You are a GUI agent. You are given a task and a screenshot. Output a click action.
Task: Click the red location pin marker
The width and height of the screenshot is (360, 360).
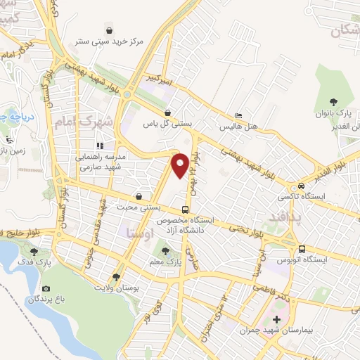(180, 165)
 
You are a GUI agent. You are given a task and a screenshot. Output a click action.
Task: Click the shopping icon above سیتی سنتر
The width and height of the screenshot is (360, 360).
(110, 30)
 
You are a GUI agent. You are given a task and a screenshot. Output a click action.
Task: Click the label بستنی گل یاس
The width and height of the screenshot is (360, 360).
(167, 123)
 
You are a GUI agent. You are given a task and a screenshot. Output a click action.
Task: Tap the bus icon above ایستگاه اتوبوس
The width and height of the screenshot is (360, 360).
(302, 249)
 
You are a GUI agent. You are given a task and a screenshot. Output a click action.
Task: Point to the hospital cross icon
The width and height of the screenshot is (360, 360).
(276, 319)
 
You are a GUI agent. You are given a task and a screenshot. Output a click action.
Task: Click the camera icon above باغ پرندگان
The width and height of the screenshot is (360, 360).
(46, 288)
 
